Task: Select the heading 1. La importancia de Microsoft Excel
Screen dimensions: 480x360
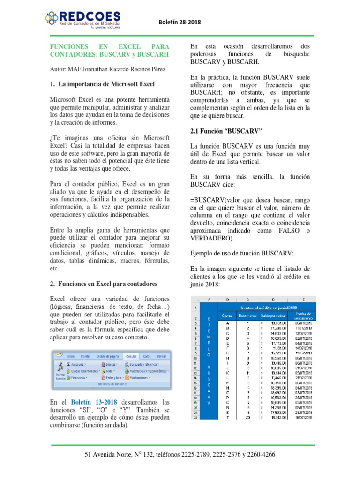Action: tap(103, 84)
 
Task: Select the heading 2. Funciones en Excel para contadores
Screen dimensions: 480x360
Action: tap(104, 284)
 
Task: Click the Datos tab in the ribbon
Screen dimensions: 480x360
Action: tap(147, 356)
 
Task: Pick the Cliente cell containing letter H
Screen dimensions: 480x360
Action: tap(227, 358)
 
